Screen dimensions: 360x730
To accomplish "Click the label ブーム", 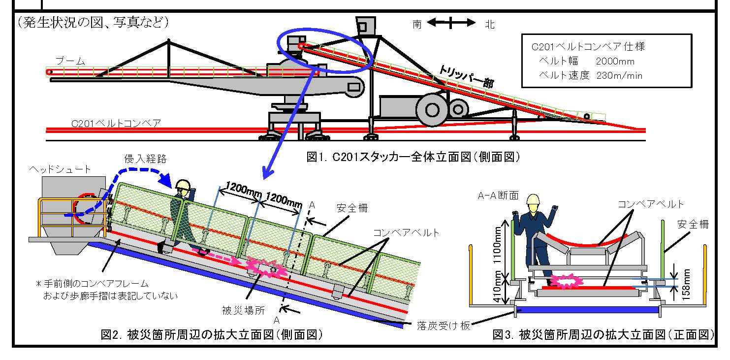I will click(70, 61).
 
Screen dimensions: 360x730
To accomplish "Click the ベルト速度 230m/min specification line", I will click(591, 76).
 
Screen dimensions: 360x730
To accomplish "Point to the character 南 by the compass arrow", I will click(417, 24).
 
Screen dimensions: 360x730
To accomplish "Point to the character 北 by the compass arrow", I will click(489, 24).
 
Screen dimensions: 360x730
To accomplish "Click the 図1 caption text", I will click(413, 157).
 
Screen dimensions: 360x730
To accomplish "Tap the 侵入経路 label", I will click(146, 159).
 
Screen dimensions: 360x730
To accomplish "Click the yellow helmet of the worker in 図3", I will click(533, 199).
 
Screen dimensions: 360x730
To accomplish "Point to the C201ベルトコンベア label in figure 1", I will click(116, 123).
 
